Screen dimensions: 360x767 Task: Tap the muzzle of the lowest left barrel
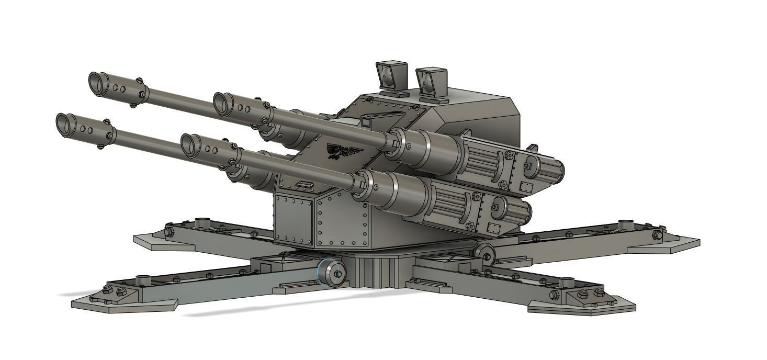[x=65, y=123]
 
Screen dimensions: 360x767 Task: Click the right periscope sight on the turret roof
[x=432, y=81]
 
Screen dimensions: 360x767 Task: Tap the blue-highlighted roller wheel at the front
[x=333, y=273]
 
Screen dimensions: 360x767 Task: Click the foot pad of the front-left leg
[x=123, y=304]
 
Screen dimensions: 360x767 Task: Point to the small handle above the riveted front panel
[x=303, y=184]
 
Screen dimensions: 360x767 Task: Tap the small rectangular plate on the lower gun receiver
[x=492, y=228]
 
